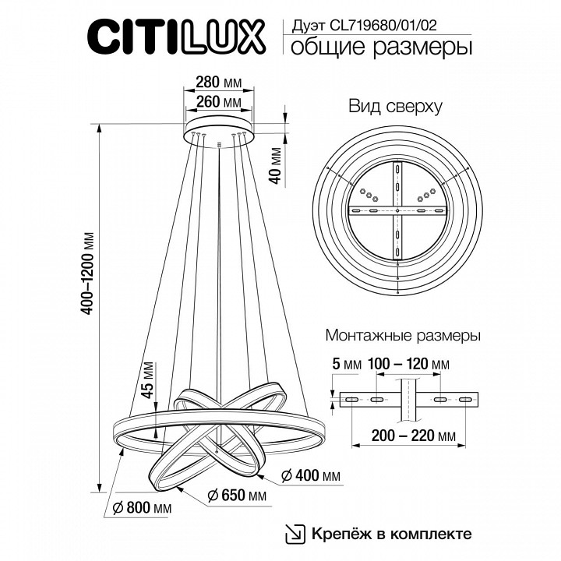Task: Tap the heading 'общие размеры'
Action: pyautogui.click(x=381, y=48)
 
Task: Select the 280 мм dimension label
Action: pyautogui.click(x=220, y=82)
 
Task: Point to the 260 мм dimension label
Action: pyautogui.click(x=220, y=101)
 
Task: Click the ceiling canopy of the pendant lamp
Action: pyautogui.click(x=220, y=125)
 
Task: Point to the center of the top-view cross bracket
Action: pyautogui.click(x=397, y=211)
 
